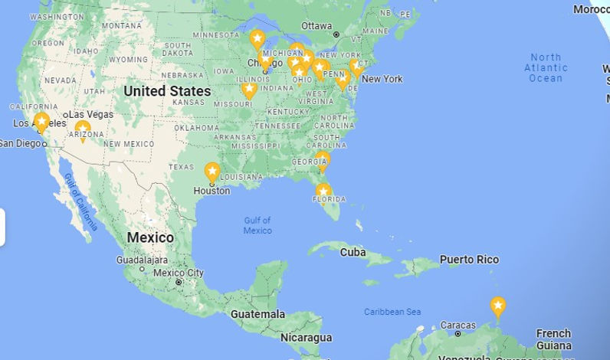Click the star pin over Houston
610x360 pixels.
212,172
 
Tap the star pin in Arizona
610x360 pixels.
83,129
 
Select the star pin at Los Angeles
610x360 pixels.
41,121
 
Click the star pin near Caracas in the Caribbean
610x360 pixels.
498,306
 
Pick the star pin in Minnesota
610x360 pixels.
257,38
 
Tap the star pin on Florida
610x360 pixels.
323,191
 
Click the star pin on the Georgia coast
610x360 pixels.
323,159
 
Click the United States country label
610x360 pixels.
167,91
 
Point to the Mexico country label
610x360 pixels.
150,237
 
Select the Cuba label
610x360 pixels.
353,252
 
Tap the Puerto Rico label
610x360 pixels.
469,260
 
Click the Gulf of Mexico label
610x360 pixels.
257,225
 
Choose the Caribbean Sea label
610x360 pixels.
392,312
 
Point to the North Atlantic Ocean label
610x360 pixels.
546,67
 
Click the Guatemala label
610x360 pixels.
257,314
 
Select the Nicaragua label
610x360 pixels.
306,337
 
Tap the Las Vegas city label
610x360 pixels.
91,114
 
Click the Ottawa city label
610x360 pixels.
316,25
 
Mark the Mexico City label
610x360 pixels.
179,273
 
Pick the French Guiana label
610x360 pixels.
553,339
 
